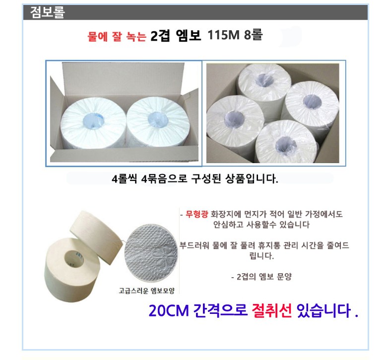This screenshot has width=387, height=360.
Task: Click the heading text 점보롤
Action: pos(48,12)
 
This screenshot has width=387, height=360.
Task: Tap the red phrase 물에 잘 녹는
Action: pos(117,37)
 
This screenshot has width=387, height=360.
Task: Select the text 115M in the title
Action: pos(224,35)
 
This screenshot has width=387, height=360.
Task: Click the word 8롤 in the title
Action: pos(253,35)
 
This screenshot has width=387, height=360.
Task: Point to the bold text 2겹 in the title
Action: pos(160,36)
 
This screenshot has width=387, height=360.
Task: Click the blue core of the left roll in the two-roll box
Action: pos(93,120)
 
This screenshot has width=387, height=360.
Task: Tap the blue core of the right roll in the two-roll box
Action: pos(158,120)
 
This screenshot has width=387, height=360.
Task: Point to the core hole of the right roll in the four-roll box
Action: pos(312,102)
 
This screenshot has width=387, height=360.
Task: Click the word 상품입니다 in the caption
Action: pos(252,179)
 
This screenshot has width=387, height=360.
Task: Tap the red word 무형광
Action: pos(196,214)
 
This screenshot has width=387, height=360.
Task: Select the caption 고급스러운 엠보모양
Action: pos(146,291)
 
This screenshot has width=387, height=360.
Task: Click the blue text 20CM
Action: pos(169,310)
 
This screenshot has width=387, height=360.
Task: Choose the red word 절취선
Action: pos(271,310)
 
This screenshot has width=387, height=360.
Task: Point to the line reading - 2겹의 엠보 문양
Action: pos(261,277)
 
